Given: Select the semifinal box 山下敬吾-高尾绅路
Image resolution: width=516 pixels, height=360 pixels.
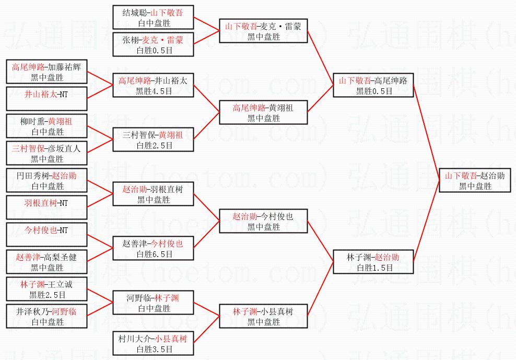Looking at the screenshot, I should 373,85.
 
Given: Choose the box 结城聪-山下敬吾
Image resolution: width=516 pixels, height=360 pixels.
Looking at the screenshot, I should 153,17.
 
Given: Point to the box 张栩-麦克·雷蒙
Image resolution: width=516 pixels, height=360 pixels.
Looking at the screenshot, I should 153,44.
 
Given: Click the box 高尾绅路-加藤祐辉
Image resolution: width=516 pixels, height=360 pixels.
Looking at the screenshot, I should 46,72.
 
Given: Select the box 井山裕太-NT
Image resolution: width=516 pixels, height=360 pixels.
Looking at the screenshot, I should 46,99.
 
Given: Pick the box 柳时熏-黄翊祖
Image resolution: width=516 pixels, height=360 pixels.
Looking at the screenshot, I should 46,126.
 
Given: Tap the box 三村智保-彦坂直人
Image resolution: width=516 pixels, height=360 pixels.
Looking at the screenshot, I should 46,153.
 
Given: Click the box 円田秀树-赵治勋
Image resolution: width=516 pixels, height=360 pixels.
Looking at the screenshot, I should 46,180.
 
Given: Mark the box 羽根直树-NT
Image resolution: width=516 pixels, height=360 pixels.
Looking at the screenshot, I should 46,207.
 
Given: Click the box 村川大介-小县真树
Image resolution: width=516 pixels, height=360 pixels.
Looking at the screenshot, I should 153,343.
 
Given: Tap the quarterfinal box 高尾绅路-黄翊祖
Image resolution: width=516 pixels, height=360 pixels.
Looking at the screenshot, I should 263,112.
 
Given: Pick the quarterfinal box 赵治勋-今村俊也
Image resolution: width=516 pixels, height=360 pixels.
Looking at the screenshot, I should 263,221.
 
